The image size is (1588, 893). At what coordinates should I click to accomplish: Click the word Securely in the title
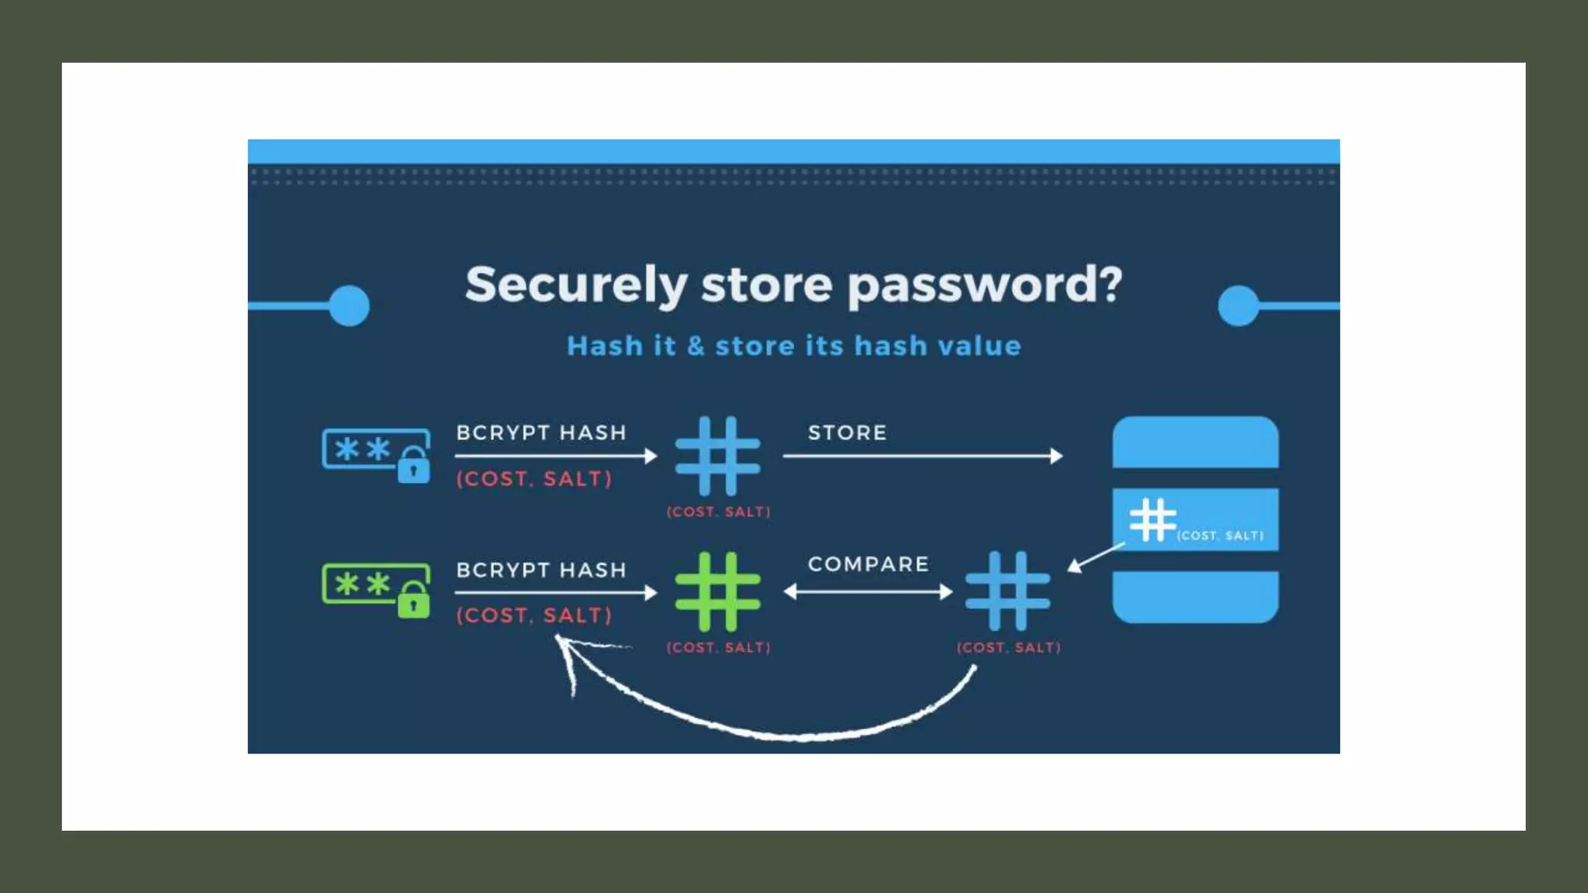pos(575,285)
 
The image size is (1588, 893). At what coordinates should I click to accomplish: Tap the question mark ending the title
pos(1110,283)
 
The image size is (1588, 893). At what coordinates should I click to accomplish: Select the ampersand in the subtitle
pos(696,346)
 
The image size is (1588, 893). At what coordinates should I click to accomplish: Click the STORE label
pos(847,433)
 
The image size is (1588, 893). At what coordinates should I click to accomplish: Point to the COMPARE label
pos(868,564)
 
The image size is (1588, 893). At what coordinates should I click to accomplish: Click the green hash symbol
pos(717,591)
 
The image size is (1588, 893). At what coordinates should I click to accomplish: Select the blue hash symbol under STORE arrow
pos(717,456)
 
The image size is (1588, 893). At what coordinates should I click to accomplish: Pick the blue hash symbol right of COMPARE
pos(1007,591)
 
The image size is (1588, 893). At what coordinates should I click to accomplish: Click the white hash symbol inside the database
pos(1152,519)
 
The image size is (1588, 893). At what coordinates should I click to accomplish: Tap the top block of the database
pos(1195,443)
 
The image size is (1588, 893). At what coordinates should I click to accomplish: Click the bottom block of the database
pos(1195,597)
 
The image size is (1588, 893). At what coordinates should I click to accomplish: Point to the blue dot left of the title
pos(349,305)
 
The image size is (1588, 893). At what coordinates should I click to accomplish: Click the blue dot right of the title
pos(1238,305)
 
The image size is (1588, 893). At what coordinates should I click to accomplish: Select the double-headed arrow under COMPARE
pos(868,592)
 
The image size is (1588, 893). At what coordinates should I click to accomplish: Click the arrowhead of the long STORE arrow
pos(1056,456)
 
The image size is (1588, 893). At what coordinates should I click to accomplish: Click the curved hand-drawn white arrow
pos(775,729)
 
